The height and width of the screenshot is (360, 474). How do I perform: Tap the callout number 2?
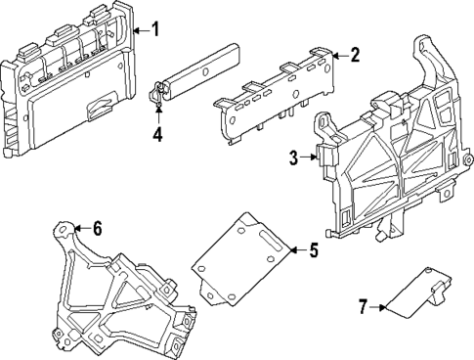pos(355,56)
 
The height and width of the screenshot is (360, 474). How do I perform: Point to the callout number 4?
pos(157,134)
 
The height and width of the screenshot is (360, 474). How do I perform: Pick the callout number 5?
pos(313,251)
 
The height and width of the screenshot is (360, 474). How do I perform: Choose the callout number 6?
pos(97,229)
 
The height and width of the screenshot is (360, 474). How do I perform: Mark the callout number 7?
pos(362,308)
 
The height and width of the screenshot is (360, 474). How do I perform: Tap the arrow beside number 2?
pos(337,56)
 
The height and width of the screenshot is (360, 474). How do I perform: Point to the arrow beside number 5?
pos(295,251)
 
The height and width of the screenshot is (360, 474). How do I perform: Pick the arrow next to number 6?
pos(81,229)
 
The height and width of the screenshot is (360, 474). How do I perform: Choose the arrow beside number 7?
pos(378,308)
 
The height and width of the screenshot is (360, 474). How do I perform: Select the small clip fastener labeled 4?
pos(156,94)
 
